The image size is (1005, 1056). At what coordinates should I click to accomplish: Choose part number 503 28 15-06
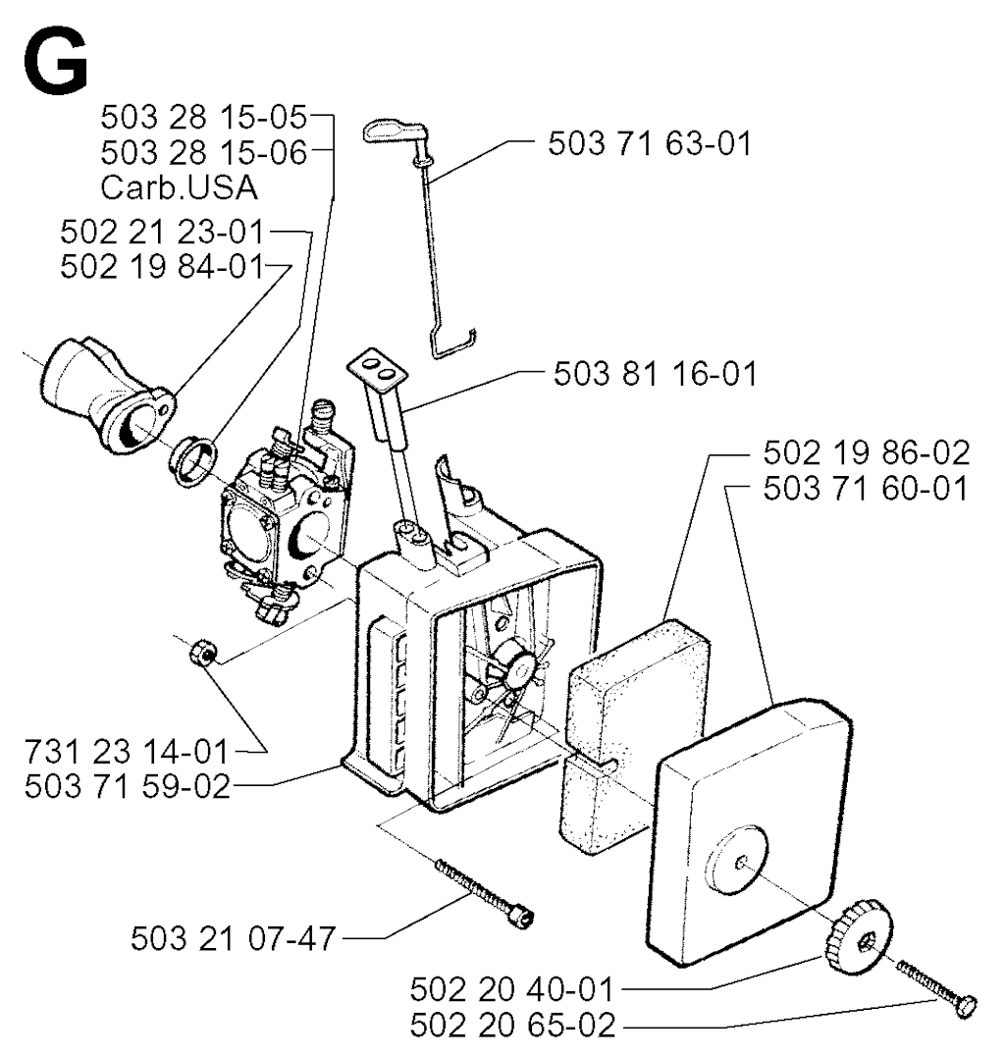[204, 152]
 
